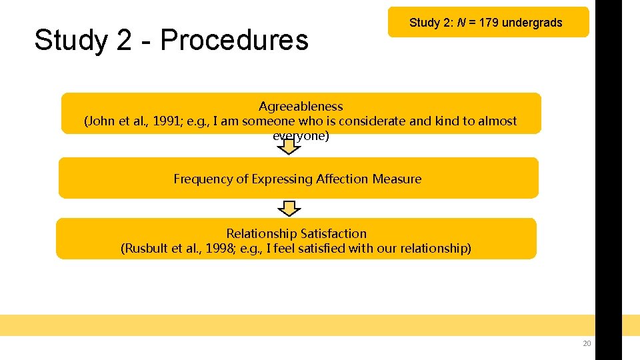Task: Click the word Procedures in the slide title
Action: (x=235, y=40)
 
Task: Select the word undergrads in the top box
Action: (x=532, y=23)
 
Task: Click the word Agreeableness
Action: (x=301, y=107)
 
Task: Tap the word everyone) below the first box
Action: (x=301, y=135)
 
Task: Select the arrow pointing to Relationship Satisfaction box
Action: (x=289, y=209)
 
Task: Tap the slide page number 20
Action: (x=587, y=343)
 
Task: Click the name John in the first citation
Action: (x=98, y=121)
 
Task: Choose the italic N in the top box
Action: (x=461, y=23)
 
